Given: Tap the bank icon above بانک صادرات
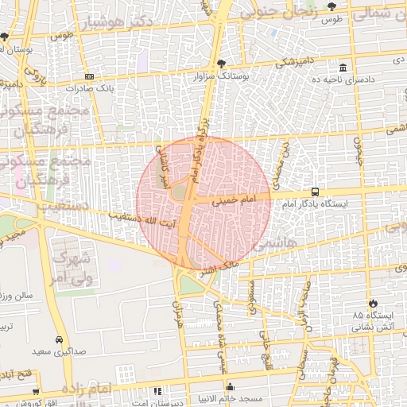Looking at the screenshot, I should click(89, 76).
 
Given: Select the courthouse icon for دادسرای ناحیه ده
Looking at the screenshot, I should click(343, 68).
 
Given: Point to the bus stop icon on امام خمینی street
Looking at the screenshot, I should click(315, 192).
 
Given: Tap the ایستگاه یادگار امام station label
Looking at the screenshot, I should click(315, 204).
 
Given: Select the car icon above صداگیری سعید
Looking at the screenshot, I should click(60, 336).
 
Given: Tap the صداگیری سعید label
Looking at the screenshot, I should click(60, 349).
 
